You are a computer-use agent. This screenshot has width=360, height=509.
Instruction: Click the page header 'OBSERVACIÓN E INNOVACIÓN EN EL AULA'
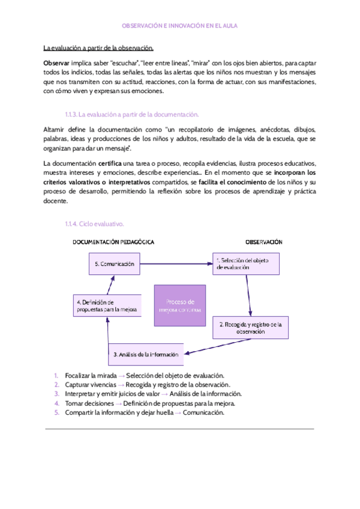coord(179,27)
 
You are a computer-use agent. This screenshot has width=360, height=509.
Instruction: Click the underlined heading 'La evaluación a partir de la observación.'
coord(98,48)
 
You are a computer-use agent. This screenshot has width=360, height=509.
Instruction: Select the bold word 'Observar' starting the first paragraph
coord(56,63)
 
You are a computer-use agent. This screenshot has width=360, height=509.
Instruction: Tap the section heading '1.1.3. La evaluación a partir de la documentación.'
coord(131,114)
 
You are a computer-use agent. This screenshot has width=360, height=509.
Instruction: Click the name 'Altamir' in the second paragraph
coord(55,130)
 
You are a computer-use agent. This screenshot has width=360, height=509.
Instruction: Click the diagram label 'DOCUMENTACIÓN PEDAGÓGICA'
coord(113,242)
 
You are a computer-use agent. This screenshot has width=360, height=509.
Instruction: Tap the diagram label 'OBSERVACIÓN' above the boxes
coord(263,242)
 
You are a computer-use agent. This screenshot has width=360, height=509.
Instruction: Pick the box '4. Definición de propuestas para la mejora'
coord(107,306)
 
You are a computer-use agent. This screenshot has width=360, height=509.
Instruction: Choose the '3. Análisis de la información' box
coord(146,354)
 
